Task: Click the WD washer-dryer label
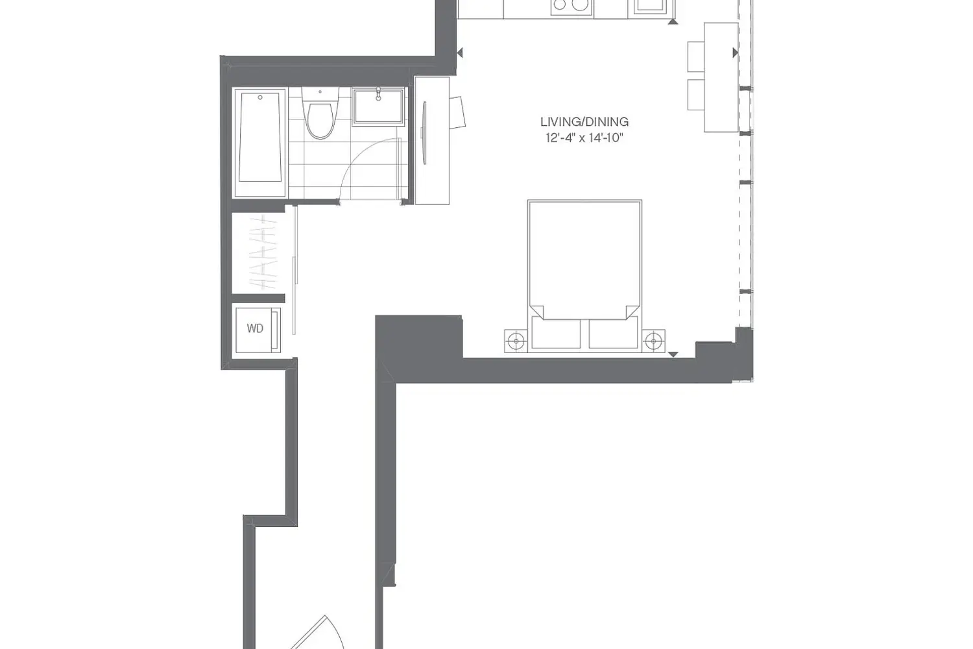click(255, 328)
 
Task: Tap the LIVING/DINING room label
click(584, 122)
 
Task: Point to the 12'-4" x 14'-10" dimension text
click(584, 138)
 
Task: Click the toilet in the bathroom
click(320, 113)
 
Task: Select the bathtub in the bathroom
click(260, 142)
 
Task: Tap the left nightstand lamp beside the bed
click(516, 341)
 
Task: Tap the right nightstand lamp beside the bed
click(654, 341)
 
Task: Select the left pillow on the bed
click(556, 333)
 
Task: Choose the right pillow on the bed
click(614, 333)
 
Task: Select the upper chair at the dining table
click(696, 56)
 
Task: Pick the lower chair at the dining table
click(696, 95)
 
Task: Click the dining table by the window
click(721, 77)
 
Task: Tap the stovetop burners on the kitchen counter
click(571, 6)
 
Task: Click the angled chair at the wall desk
click(457, 112)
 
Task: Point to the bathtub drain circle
click(260, 97)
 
